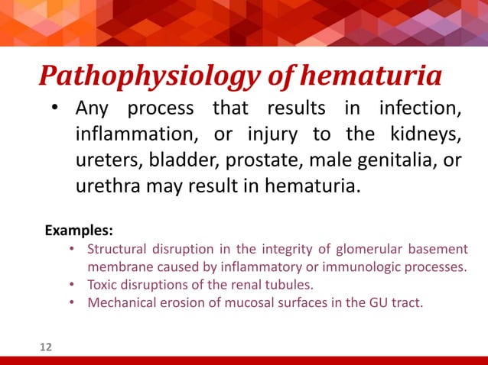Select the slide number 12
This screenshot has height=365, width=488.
(x=46, y=347)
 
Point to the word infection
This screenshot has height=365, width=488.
(x=420, y=109)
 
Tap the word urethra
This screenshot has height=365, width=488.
(x=107, y=186)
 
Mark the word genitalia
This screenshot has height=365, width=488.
(x=399, y=160)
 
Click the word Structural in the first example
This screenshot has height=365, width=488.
(x=116, y=250)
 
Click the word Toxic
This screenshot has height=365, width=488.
(x=102, y=285)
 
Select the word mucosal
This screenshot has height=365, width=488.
(x=235, y=302)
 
